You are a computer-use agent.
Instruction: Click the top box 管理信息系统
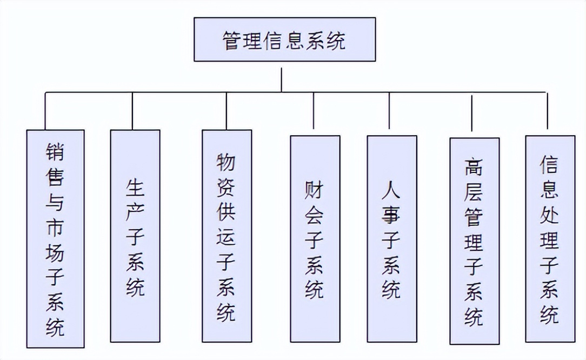tap(284, 39)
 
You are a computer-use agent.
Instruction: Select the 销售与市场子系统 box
tap(56, 238)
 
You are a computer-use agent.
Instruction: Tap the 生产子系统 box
tap(135, 236)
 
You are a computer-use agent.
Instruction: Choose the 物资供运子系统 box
tap(227, 236)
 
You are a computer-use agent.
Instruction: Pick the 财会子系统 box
tap(315, 238)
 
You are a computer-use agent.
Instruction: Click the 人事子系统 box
tap(391, 238)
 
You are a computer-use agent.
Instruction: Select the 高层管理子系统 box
tap(474, 241)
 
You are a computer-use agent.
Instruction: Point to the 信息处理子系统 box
tap(550, 238)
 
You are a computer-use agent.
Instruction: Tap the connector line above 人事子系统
tap(389, 111)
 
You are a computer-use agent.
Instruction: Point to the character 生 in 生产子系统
tap(135, 189)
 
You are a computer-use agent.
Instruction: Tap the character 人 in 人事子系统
tap(391, 190)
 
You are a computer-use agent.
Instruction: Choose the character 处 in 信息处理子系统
tap(550, 215)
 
